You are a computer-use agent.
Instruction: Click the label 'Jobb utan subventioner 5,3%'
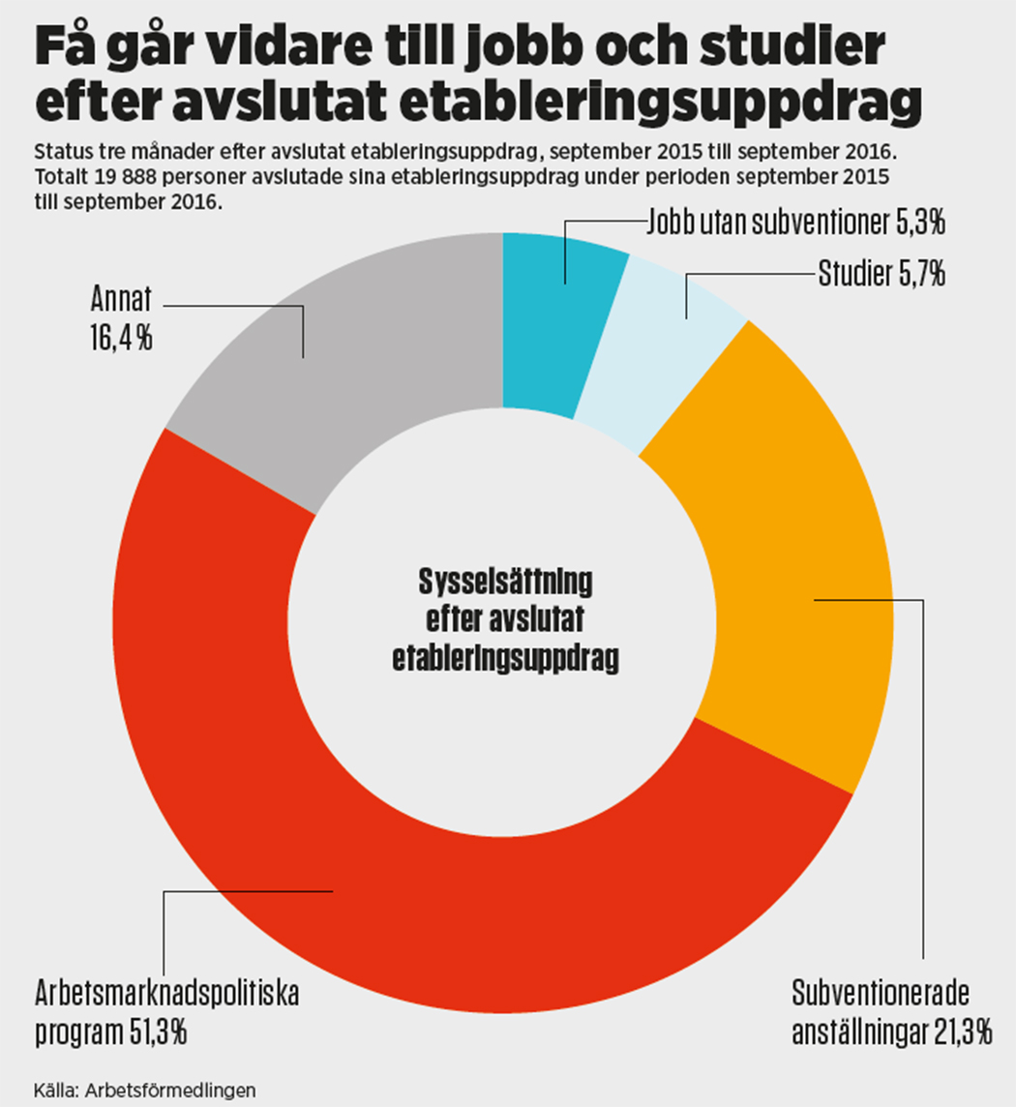point(795,224)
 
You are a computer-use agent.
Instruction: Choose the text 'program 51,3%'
point(110,1032)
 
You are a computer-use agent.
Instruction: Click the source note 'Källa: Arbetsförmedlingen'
point(145,1088)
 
